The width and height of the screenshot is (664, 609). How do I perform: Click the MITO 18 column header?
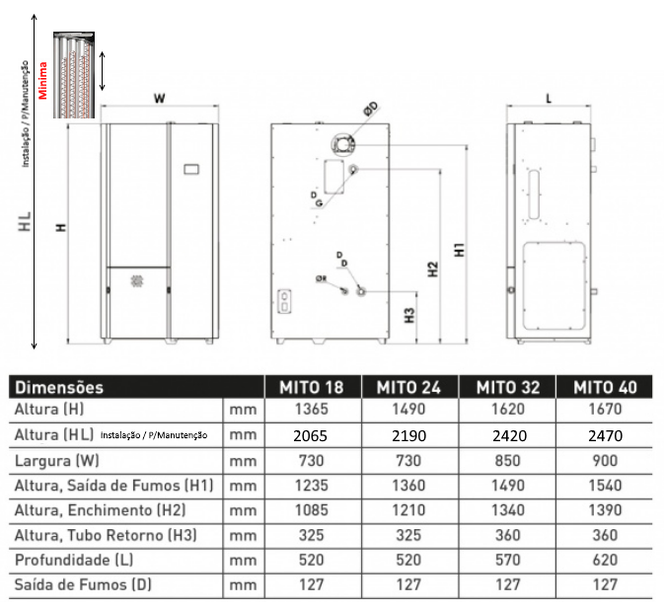pyautogui.click(x=314, y=387)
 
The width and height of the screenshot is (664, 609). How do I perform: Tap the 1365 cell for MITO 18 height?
pyautogui.click(x=314, y=410)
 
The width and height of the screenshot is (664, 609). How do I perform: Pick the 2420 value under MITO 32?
pyautogui.click(x=507, y=435)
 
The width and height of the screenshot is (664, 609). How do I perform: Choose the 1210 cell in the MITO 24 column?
pyautogui.click(x=410, y=510)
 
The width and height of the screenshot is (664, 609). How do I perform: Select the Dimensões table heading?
pyautogui.click(x=60, y=388)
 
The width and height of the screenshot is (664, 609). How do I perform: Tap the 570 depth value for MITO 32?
pyautogui.click(x=507, y=561)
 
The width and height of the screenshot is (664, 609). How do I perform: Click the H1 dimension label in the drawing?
pyautogui.click(x=459, y=252)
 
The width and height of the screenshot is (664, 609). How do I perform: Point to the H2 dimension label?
pyautogui.click(x=432, y=268)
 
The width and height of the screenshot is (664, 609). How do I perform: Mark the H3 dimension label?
pyautogui.click(x=408, y=317)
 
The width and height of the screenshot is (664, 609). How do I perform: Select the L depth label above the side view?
pyautogui.click(x=549, y=99)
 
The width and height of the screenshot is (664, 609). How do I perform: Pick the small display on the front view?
pyautogui.click(x=193, y=169)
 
